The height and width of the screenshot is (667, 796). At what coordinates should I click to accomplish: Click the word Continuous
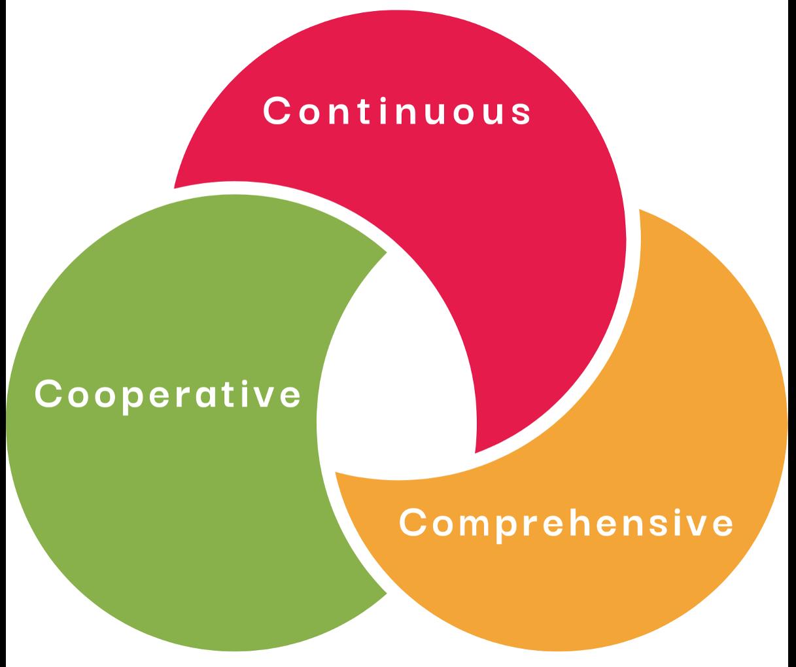[x=397, y=111]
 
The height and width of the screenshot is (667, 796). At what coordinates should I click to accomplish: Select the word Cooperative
[x=167, y=394]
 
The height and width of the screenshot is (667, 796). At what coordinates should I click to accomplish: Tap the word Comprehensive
[x=566, y=523]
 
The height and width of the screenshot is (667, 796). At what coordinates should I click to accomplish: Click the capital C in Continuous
[x=277, y=111]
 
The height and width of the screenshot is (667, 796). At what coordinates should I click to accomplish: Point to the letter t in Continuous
[x=360, y=111]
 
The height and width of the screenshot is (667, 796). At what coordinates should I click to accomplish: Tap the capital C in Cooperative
[x=47, y=394]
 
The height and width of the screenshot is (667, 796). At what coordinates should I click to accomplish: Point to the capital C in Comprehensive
[x=413, y=523]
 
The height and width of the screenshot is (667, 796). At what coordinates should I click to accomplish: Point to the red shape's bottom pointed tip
[x=476, y=452]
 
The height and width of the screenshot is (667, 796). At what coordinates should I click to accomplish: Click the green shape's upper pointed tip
[x=385, y=252]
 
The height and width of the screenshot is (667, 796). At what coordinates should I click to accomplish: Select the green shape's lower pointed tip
[x=385, y=592]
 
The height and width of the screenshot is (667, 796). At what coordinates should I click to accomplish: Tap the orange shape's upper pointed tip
[x=640, y=211]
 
